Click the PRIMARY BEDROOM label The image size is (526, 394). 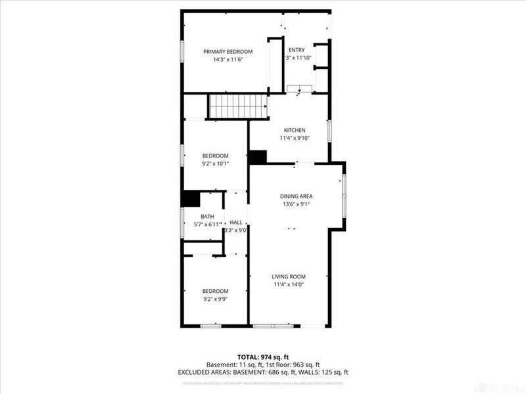click(227, 51)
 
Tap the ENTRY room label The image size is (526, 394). click(297, 50)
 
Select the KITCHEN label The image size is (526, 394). click(294, 130)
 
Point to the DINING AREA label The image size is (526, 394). click(296, 196)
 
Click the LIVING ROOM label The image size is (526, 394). click(289, 276)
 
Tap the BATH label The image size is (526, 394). click(207, 216)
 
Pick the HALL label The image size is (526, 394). click(235, 223)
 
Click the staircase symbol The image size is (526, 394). click(237, 106)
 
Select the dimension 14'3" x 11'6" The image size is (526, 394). click(227, 59)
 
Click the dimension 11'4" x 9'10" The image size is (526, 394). click(294, 138)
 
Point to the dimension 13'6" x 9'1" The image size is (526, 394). click(296, 204)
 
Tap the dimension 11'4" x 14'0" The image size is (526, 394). click(289, 284)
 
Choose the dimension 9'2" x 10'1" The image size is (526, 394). click(215, 164)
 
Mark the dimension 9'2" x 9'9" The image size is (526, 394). click(215, 299)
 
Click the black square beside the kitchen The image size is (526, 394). click(258, 158)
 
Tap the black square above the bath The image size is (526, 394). click(191, 199)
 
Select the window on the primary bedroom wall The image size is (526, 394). click(182, 51)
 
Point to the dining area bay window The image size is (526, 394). click(343, 196)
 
